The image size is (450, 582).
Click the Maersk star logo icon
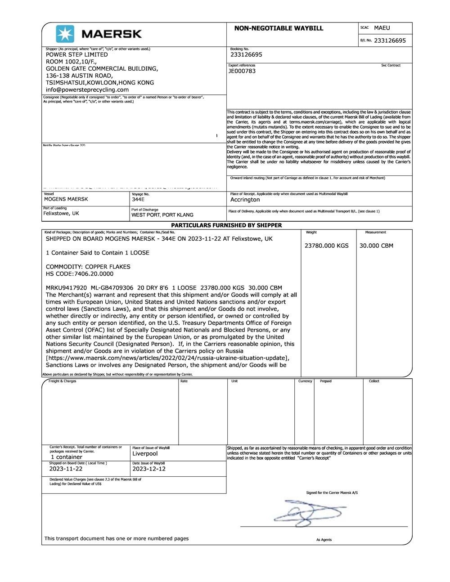tap(65, 34)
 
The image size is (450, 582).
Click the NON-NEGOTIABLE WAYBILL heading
tap(279, 28)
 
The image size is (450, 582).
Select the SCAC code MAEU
tap(382, 28)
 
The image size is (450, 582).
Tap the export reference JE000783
tap(242, 71)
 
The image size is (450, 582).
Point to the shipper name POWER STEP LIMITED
tap(76, 54)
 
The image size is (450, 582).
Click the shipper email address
tap(87, 90)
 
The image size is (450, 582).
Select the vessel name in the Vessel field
tap(66, 199)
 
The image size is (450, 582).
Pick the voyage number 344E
tap(138, 199)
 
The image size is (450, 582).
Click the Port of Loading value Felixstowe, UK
tap(61, 214)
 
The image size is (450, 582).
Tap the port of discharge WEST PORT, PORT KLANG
tap(162, 215)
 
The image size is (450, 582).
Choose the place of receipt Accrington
tap(245, 200)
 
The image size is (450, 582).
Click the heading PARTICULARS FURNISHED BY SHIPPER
tap(226, 225)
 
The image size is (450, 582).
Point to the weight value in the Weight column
tap(326, 246)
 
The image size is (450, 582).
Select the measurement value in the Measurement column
tap(376, 246)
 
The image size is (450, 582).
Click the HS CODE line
tap(80, 274)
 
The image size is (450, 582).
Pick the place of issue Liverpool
tap(145, 453)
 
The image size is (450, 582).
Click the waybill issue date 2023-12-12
tap(149, 469)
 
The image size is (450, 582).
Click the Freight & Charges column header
tap(62, 381)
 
